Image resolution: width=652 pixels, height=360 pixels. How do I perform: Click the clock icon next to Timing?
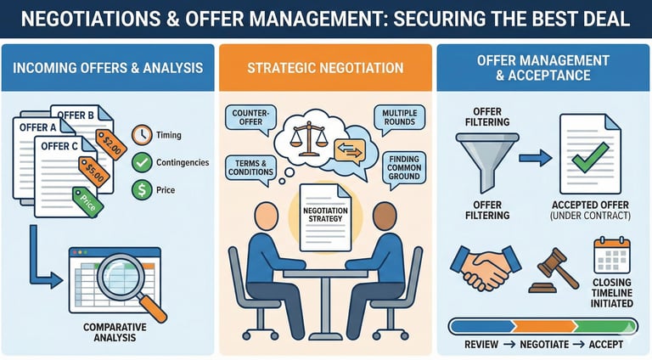coord(143,135)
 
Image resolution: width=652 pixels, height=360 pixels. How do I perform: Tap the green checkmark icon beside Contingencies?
coord(143,161)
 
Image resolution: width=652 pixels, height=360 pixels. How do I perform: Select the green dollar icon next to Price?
coord(143,188)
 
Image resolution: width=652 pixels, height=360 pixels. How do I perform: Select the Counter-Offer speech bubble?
coord(250,120)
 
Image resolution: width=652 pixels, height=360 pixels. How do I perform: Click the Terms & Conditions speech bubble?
coord(250,166)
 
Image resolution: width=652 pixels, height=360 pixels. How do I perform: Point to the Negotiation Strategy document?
coord(325,217)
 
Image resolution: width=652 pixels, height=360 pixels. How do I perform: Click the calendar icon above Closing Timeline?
coord(611,256)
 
